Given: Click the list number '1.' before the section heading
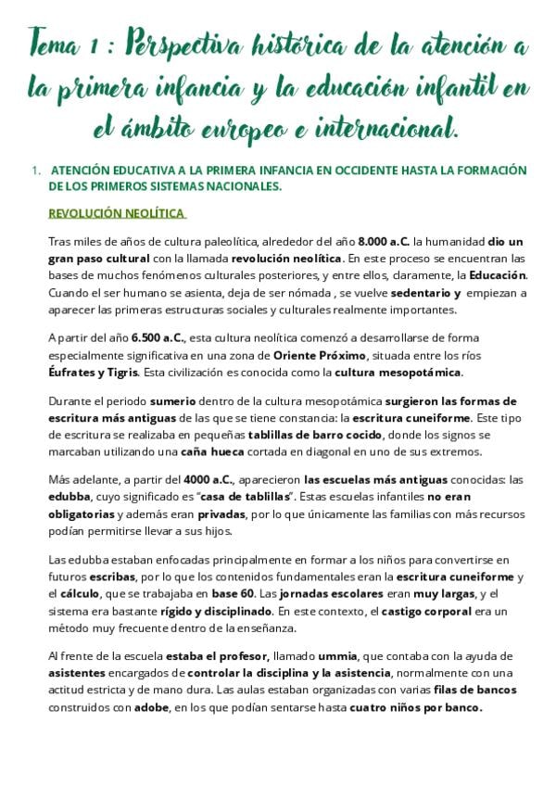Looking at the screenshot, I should (x=36, y=171).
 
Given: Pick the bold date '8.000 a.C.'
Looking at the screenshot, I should (x=384, y=241).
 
